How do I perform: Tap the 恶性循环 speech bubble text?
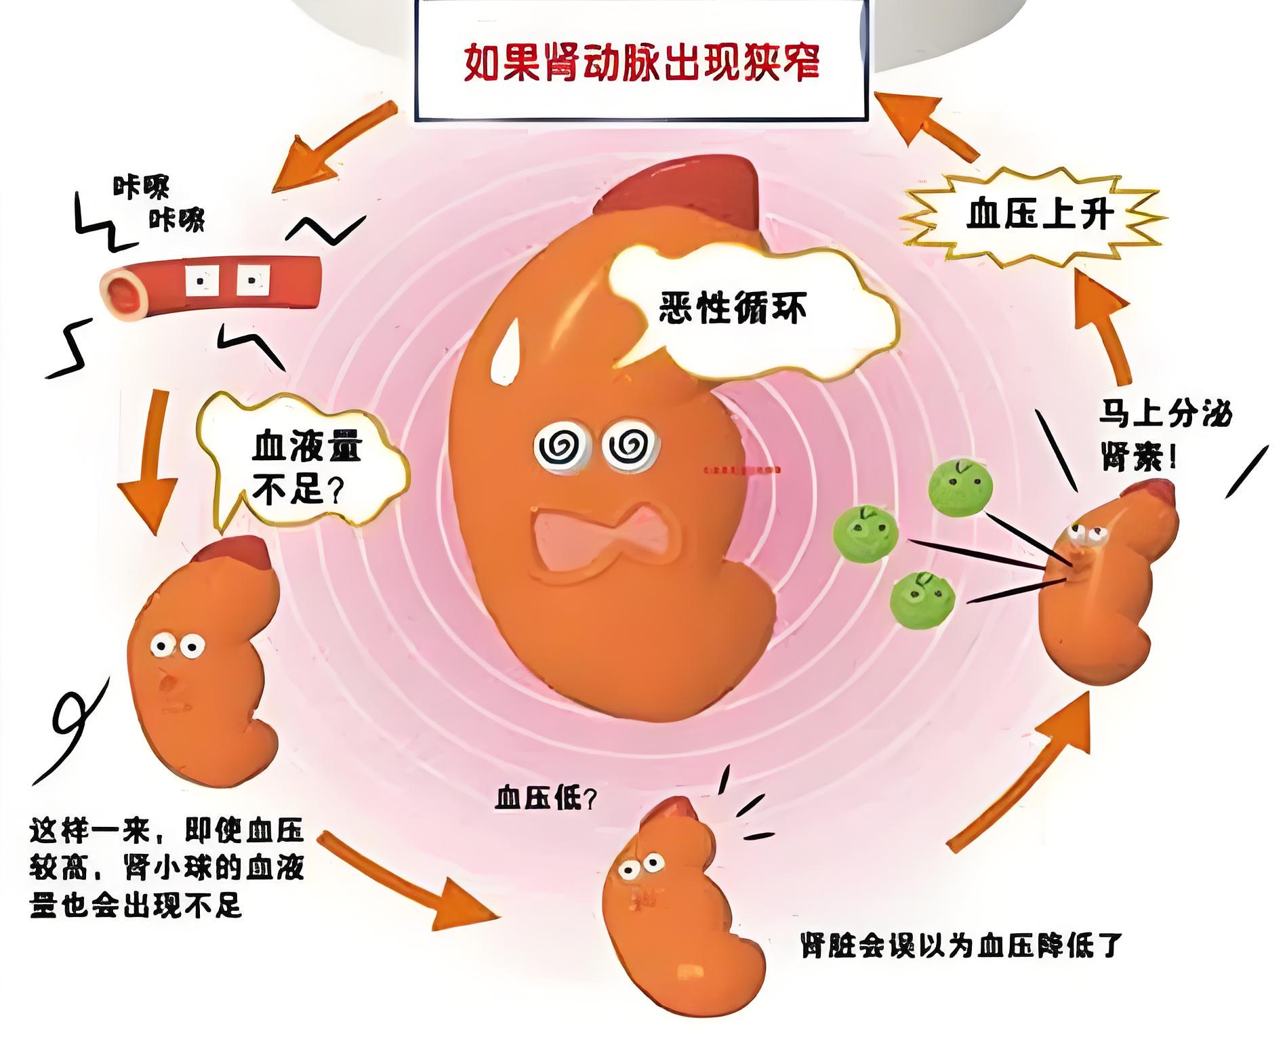733,309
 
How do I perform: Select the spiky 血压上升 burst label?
1039,216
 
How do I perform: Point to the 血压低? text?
546,800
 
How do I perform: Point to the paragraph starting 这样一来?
167,867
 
